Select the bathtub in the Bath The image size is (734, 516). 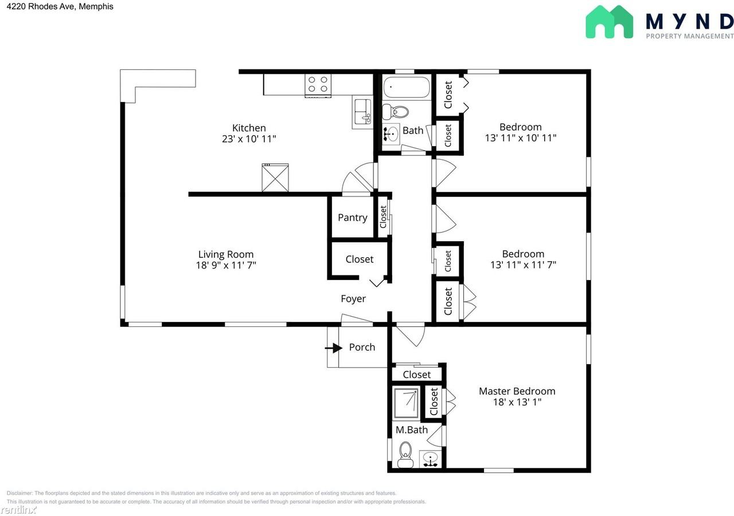coord(406,88)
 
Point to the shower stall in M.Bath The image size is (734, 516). coord(406,403)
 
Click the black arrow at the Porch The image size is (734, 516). coord(333,347)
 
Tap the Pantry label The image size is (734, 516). coord(352,218)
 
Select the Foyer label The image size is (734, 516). coord(353,298)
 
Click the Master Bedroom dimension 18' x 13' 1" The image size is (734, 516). coord(517,403)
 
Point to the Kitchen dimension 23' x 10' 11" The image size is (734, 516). coord(249,139)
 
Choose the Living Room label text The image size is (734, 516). coord(225,254)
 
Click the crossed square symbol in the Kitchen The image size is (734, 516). coord(275,178)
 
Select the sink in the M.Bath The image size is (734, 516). coord(430,459)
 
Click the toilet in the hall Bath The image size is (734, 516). coord(396,111)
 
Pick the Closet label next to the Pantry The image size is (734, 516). coord(383,216)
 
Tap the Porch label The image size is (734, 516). coord(362,347)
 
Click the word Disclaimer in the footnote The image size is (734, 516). coord(19,493)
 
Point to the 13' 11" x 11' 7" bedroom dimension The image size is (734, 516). coord(523,265)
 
